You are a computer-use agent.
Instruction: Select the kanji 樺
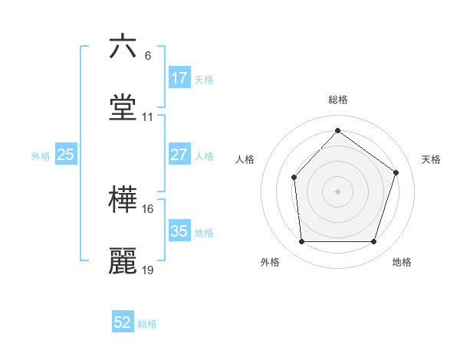pos(123,201)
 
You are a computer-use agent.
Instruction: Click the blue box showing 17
pos(179,78)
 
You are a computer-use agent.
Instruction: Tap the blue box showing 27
pos(179,155)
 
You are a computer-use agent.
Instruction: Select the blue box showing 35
pos(179,231)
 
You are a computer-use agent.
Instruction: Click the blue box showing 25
pos(66,155)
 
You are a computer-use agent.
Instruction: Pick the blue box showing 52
pos(123,323)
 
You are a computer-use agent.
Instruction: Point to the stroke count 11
pos(148,117)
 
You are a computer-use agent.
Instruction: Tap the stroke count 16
pos(148,208)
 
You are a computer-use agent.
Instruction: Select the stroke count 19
pos(148,270)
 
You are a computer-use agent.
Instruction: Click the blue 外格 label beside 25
pos(41,155)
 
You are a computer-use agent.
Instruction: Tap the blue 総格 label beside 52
pos(147,324)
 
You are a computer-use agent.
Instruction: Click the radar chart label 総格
pos(338,100)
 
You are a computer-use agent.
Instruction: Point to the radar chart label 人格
pos(245,159)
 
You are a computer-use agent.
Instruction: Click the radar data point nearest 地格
pos(374,242)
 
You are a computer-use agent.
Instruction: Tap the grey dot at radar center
pos(337,191)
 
